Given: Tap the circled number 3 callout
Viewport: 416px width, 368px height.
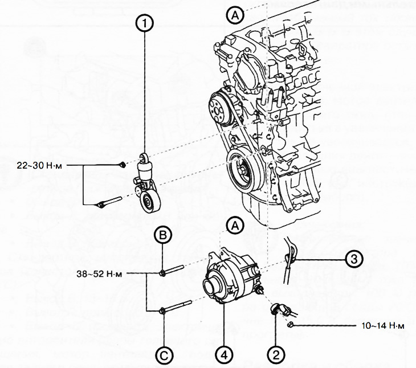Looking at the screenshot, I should coord(354,259).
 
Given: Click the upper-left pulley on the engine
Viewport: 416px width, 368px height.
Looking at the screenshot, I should coord(217,106).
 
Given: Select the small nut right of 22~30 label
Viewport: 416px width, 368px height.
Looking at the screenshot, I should coord(123,165).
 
